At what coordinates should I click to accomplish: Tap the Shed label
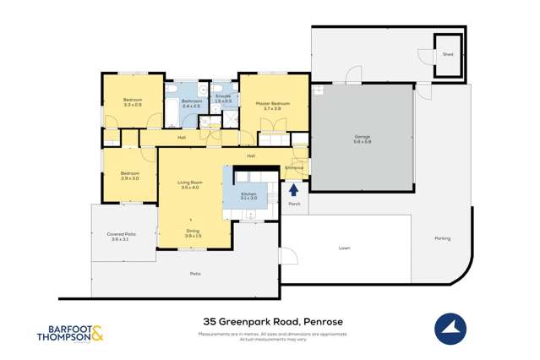447,54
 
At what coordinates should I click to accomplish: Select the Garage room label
362,139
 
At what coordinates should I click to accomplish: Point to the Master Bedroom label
273,105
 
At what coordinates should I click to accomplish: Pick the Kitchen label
248,196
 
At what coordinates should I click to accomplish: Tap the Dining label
193,232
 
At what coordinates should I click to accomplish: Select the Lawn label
344,248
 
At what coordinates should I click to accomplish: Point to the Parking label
442,238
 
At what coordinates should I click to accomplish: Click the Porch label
294,204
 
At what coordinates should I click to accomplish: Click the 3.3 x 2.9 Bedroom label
133,102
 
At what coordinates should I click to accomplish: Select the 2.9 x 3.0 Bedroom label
129,176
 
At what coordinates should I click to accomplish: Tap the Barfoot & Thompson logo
71,333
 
